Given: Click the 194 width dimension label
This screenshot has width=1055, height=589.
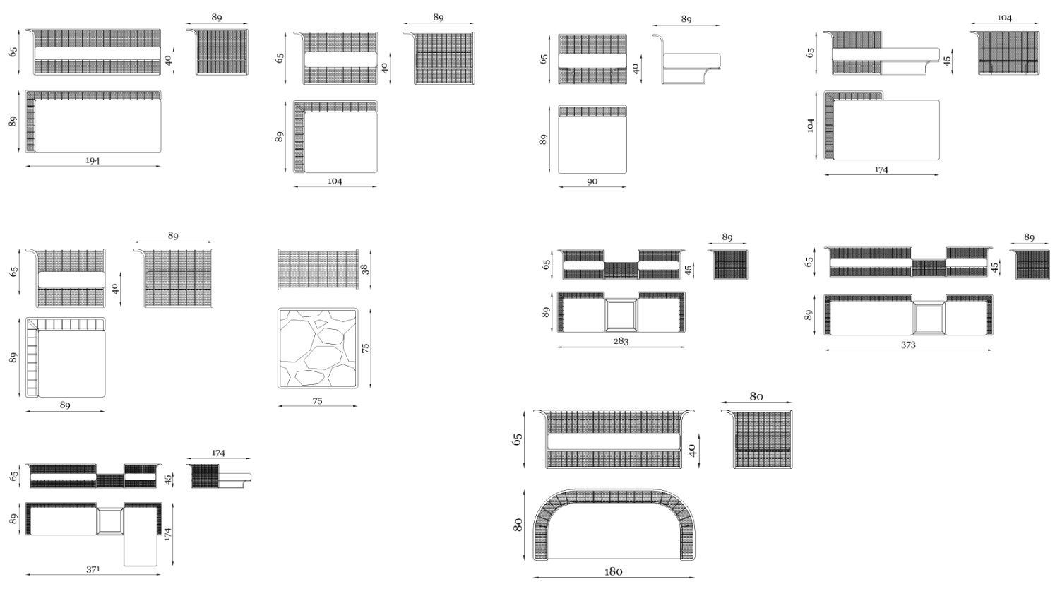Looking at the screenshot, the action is coord(93,161).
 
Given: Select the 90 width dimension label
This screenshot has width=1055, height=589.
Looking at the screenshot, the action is coord(592,182).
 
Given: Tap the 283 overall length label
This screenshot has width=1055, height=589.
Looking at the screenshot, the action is coord(621,340).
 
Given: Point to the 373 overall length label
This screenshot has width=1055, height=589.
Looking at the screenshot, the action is coord(908,345).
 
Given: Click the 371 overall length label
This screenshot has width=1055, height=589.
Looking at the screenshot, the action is coord(93,569).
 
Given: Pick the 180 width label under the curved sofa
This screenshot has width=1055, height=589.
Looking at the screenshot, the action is coord(613,571).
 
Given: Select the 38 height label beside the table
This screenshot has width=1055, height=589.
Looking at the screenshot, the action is coord(364,269).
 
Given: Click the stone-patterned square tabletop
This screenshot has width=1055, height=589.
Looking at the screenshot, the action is coord(318,348).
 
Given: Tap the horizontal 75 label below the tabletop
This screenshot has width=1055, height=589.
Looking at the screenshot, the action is coord(318,401).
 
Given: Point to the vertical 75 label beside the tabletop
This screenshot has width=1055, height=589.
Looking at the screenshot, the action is coord(366,348).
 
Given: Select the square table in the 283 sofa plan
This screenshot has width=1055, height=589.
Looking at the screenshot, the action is coord(621,315).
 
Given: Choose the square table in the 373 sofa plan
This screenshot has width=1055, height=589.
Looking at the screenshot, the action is coord(929,318).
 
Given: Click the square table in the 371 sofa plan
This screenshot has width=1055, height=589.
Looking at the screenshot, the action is coord(110,521).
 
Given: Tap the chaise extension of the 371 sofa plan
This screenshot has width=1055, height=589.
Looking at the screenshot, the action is coord(141,550).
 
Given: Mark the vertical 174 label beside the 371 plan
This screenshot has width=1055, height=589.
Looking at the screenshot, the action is coord(167,534).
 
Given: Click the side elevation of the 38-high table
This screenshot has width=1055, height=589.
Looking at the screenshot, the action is coord(318,269).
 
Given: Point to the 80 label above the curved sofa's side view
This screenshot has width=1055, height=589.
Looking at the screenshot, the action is coord(756,397).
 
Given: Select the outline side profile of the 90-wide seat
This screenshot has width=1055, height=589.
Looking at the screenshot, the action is coord(686,58).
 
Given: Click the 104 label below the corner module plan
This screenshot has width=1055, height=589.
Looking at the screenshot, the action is coord(335,181).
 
